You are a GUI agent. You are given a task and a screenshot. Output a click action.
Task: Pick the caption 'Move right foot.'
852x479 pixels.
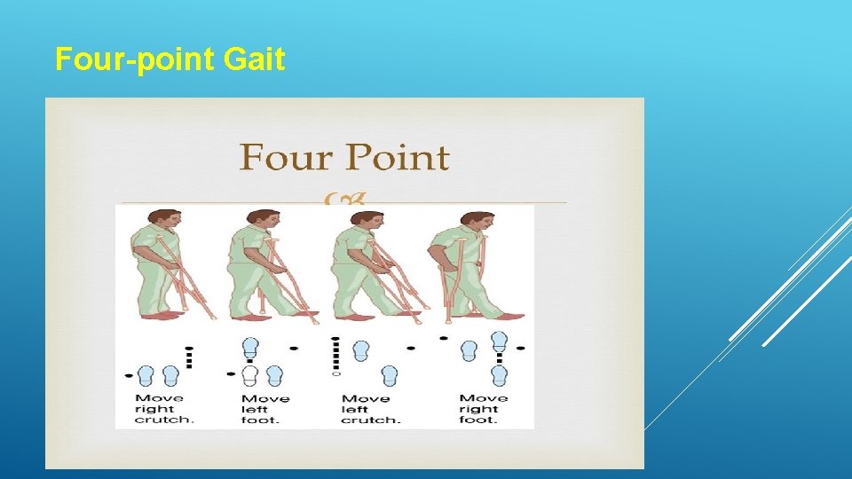click(x=484, y=409)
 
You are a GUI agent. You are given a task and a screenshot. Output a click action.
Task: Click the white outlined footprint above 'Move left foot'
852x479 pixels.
click(x=251, y=375)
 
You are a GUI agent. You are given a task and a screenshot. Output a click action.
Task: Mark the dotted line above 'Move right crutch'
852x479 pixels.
click(x=188, y=356)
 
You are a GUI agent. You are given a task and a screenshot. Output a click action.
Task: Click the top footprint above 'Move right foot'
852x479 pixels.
click(x=499, y=341)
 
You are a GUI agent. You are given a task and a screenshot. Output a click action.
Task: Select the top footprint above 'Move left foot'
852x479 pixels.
click(x=251, y=347)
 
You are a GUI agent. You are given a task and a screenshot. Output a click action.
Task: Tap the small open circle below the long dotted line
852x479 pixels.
click(x=335, y=374)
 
